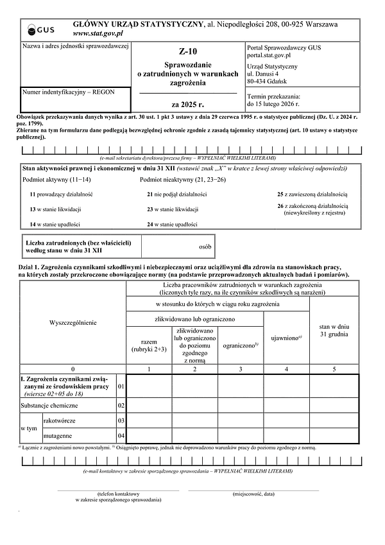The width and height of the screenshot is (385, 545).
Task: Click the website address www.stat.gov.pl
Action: click(x=98, y=33)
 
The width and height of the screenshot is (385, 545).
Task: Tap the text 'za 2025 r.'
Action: click(x=188, y=103)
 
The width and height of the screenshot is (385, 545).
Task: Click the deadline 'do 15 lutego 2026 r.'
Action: click(x=273, y=103)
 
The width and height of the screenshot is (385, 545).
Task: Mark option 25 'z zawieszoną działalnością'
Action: click(x=312, y=194)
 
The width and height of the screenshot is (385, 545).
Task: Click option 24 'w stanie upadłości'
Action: click(x=171, y=224)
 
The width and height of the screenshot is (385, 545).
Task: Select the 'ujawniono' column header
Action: click(x=282, y=336)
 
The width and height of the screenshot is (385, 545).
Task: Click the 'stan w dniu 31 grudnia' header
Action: click(x=334, y=330)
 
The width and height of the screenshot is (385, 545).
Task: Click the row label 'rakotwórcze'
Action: click(x=59, y=420)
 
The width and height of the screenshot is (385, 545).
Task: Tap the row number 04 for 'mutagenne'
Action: click(x=121, y=436)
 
